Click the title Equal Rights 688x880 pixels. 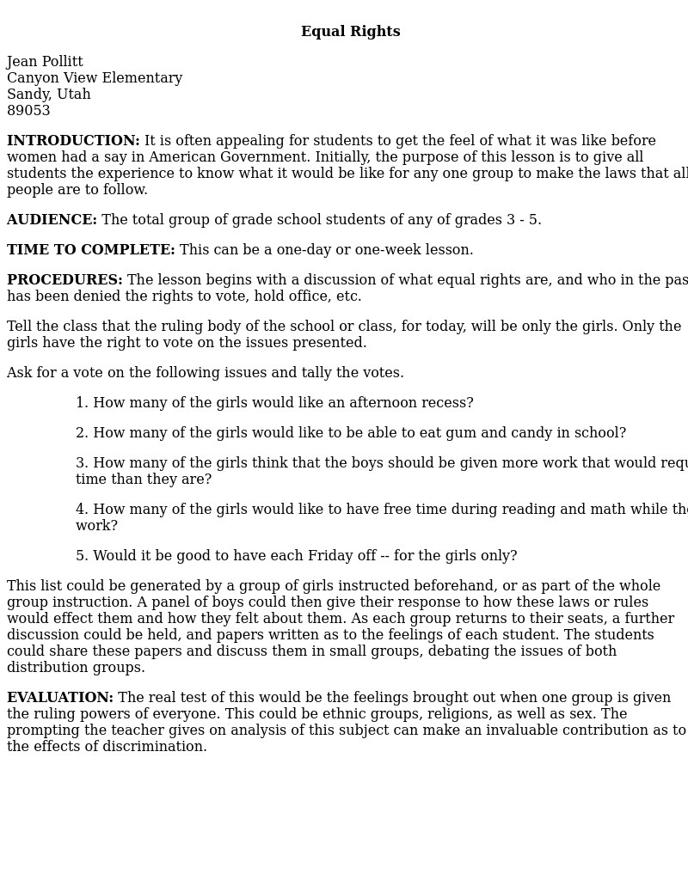[350, 32]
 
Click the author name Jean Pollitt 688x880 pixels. [45, 62]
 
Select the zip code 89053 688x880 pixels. [28, 111]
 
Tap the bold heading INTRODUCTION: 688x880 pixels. [73, 141]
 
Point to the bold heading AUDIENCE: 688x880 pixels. [52, 220]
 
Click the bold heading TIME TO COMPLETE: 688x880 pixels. [90, 250]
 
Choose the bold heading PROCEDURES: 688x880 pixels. [64, 280]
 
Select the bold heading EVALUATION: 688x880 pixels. [60, 698]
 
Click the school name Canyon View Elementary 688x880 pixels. [95, 78]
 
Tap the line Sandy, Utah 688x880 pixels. [48, 95]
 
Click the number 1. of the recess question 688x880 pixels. [83, 403]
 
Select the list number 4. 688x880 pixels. [83, 510]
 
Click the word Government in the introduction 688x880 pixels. [264, 157]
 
